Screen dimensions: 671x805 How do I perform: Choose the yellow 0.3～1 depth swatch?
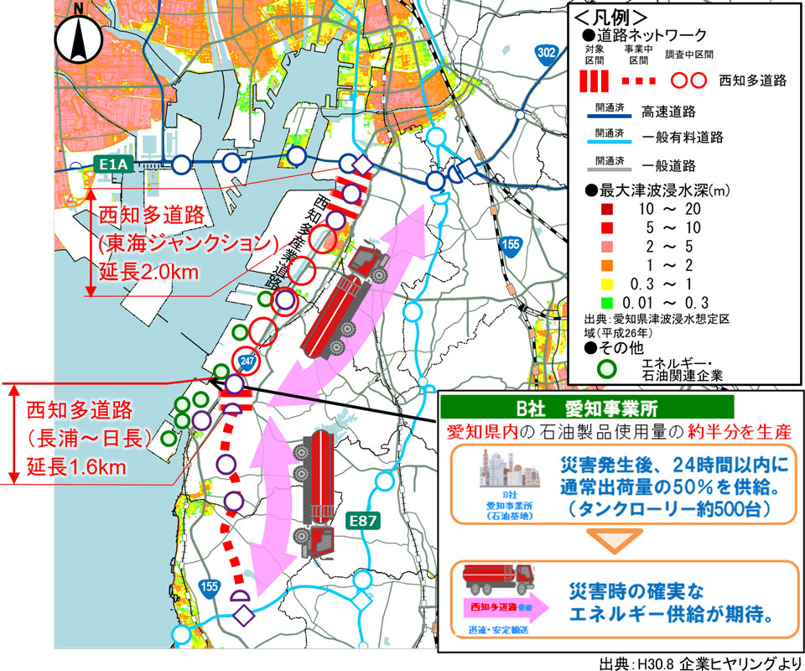(x=594, y=282)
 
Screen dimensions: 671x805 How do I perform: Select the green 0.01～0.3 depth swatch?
(x=594, y=301)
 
